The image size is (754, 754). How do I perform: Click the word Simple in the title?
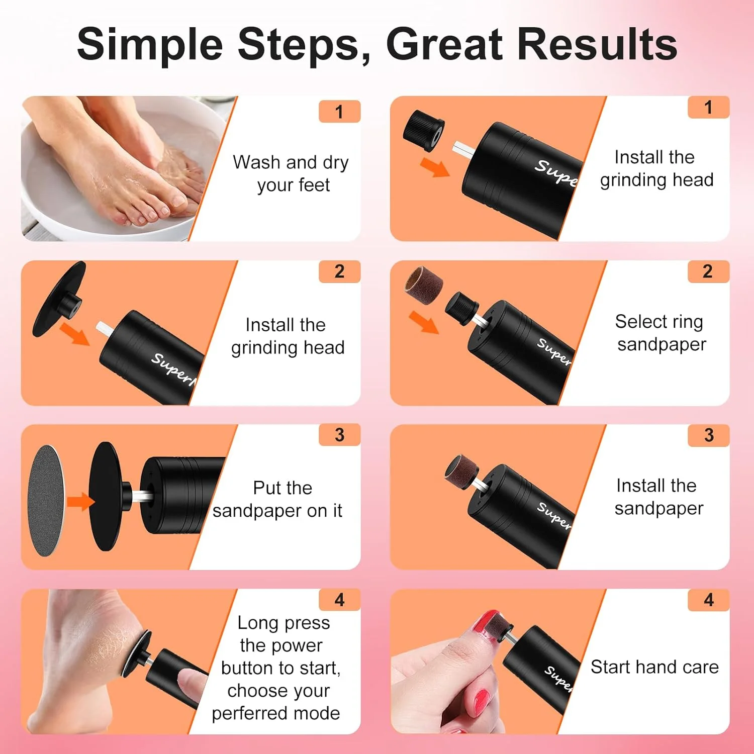tap(150, 45)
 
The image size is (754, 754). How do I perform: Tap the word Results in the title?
tap(597, 44)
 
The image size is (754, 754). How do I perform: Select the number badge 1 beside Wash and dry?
tap(339, 112)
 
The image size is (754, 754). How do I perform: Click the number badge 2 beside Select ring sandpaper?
tap(708, 271)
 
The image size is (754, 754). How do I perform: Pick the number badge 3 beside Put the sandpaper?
tap(339, 435)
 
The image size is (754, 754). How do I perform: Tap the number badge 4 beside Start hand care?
tap(709, 600)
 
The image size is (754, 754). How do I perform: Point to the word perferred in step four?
tap(246, 714)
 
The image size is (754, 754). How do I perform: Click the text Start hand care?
tap(654, 667)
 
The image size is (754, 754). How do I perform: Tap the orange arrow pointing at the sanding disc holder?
tap(80, 501)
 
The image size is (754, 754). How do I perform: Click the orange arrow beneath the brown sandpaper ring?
tap(423, 322)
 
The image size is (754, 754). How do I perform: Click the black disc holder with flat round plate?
tap(58, 300)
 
